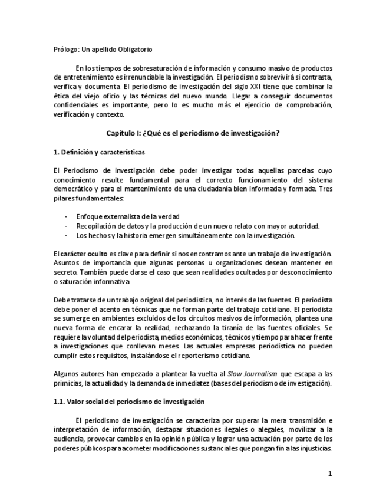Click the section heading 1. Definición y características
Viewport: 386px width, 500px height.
click(98, 152)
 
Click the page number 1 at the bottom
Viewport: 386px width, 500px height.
click(331, 473)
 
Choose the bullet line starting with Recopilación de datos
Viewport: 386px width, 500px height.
click(198, 226)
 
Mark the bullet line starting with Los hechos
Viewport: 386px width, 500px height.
click(185, 236)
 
